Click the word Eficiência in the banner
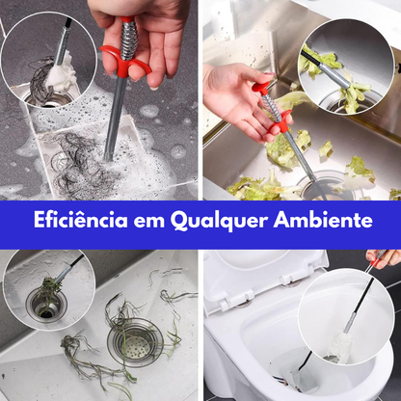(71, 220)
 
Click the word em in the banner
(146, 221)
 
